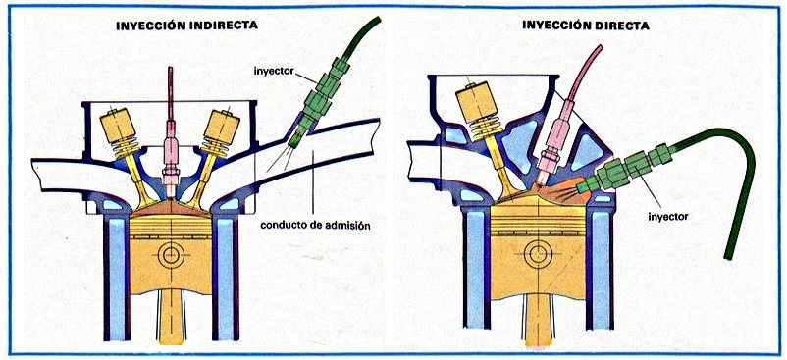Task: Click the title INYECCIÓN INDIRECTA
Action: [186, 26]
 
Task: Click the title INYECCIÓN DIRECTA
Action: [586, 25]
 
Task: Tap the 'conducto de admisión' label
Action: [315, 226]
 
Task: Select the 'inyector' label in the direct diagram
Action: [667, 217]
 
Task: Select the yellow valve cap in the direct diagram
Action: [477, 104]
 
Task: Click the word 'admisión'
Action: [349, 226]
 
